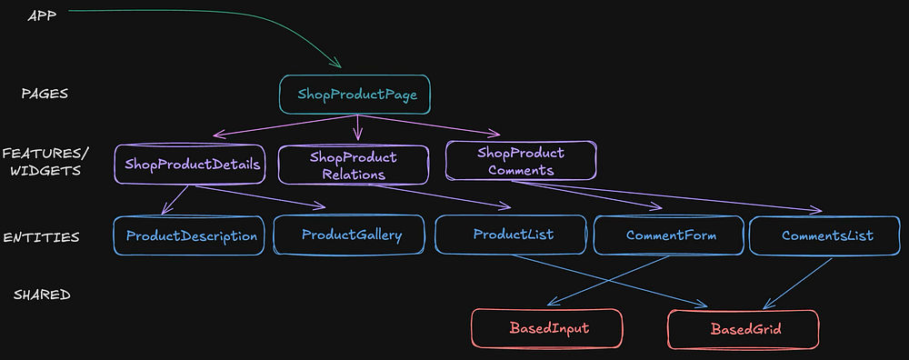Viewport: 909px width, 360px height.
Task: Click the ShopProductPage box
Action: [354, 94]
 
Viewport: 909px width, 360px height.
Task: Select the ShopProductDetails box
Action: [189, 164]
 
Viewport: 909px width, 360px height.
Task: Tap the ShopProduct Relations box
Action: [353, 165]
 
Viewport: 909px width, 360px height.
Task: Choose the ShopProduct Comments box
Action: [520, 161]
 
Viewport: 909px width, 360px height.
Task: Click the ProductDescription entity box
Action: [191, 235]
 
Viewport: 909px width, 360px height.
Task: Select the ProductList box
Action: [513, 235]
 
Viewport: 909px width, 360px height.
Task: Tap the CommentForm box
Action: [670, 235]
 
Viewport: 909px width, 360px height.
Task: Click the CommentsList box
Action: [827, 235]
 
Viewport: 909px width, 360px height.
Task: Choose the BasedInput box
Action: [545, 327]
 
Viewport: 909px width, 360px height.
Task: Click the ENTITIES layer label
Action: [42, 236]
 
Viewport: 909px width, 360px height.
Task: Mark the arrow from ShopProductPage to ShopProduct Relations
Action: [356, 127]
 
